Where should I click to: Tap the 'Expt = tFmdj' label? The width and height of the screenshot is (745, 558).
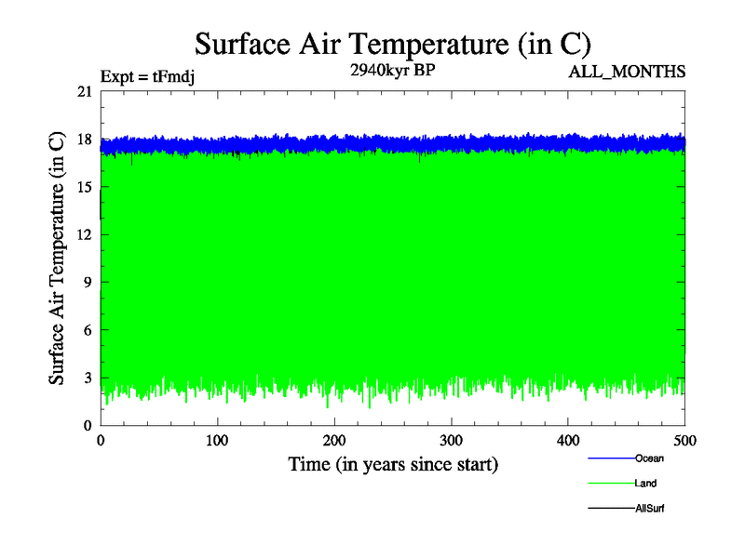(x=147, y=77)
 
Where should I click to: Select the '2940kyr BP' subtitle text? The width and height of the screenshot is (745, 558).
(x=393, y=71)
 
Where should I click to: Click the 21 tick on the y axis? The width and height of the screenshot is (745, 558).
(x=85, y=91)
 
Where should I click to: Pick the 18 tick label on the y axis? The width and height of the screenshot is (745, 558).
(x=85, y=139)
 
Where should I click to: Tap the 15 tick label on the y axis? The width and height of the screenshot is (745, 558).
(x=85, y=187)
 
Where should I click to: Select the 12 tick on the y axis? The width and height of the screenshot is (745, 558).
(x=85, y=234)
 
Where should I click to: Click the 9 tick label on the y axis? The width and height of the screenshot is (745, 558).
(x=88, y=282)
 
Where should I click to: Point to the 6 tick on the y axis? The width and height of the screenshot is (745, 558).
(x=88, y=330)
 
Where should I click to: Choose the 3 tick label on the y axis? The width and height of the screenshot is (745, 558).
(x=88, y=378)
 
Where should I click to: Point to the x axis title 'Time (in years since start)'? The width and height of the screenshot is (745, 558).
(x=393, y=464)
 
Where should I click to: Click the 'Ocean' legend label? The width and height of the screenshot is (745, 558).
(x=649, y=458)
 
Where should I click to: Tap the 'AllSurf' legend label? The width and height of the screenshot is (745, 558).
(x=650, y=509)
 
